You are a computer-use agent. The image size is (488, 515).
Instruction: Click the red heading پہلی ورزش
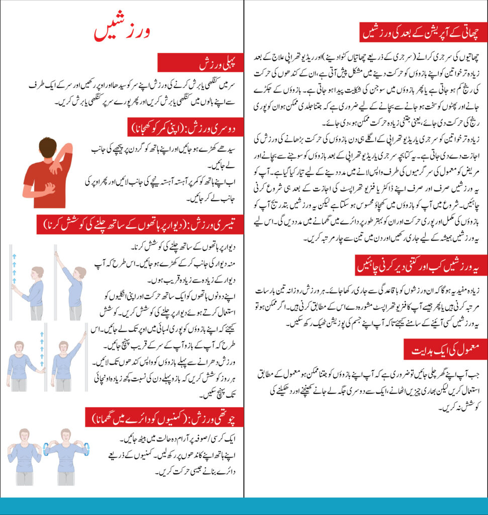click(x=201, y=64)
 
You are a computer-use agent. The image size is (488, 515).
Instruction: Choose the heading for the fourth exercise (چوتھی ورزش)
click(x=161, y=417)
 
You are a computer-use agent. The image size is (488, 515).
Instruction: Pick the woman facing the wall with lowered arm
click(x=33, y=292)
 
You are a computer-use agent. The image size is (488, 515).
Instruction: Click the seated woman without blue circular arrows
click(x=24, y=455)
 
